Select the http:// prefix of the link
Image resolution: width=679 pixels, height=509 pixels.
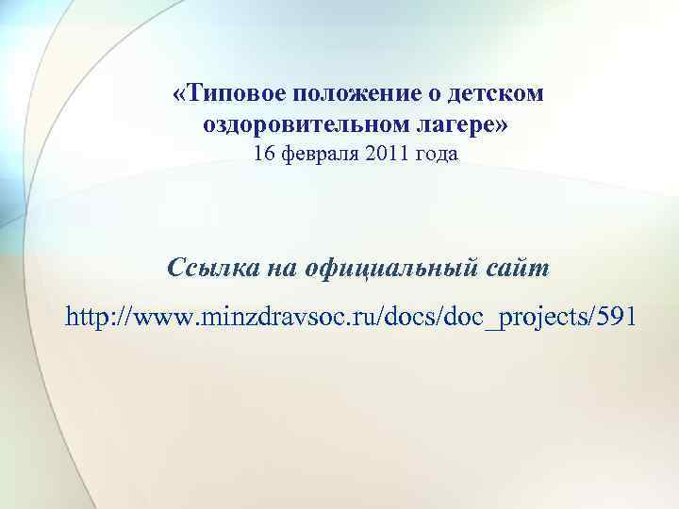point(99,318)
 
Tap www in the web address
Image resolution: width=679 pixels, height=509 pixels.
point(162,318)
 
